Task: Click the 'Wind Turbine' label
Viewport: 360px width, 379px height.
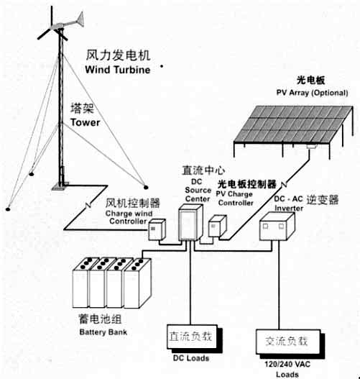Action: (118, 70)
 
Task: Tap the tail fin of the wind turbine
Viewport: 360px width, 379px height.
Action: (80, 19)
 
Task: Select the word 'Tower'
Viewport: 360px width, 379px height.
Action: (86, 122)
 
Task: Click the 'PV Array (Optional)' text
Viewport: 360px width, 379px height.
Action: (312, 93)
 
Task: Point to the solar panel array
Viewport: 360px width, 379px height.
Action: (293, 124)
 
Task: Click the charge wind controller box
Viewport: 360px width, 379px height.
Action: (157, 229)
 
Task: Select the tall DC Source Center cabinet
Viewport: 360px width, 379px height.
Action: (190, 222)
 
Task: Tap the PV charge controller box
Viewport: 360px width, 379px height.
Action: (217, 226)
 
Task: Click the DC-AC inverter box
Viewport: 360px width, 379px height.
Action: (277, 227)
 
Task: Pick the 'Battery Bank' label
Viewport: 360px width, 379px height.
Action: (103, 332)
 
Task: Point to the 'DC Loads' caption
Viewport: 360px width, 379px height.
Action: (191, 358)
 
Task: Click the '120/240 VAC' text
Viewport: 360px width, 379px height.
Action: (287, 364)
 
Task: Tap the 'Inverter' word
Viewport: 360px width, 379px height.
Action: (289, 208)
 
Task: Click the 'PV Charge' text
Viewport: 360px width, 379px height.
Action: (234, 194)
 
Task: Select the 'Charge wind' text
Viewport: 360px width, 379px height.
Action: (129, 214)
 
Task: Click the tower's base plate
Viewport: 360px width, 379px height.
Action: (60, 186)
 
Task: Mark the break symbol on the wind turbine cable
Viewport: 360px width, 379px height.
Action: (88, 205)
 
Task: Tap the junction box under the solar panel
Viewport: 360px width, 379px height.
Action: (311, 146)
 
